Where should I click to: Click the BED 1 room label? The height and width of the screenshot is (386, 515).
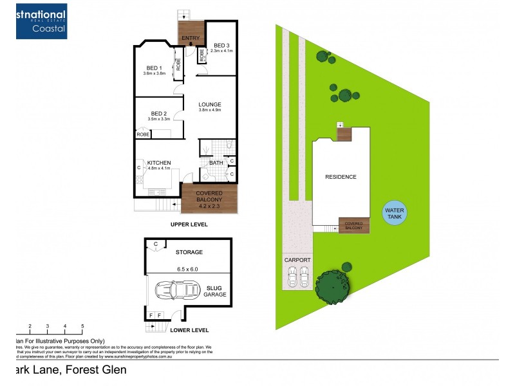click(x=154, y=68)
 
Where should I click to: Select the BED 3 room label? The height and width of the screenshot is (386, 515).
click(x=221, y=46)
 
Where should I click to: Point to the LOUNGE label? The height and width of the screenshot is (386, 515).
click(x=210, y=105)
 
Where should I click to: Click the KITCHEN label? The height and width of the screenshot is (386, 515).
click(x=158, y=163)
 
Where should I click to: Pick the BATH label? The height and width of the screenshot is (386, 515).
click(x=216, y=163)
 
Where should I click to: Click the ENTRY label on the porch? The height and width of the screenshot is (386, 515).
click(x=191, y=39)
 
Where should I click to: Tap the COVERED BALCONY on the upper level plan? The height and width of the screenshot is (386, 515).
click(x=210, y=198)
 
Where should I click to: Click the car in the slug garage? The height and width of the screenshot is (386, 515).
click(x=175, y=290)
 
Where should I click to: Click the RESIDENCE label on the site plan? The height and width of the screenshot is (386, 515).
click(x=341, y=177)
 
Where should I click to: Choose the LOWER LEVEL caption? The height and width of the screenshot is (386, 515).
click(x=189, y=330)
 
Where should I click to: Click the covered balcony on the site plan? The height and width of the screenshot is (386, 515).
click(x=354, y=225)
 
